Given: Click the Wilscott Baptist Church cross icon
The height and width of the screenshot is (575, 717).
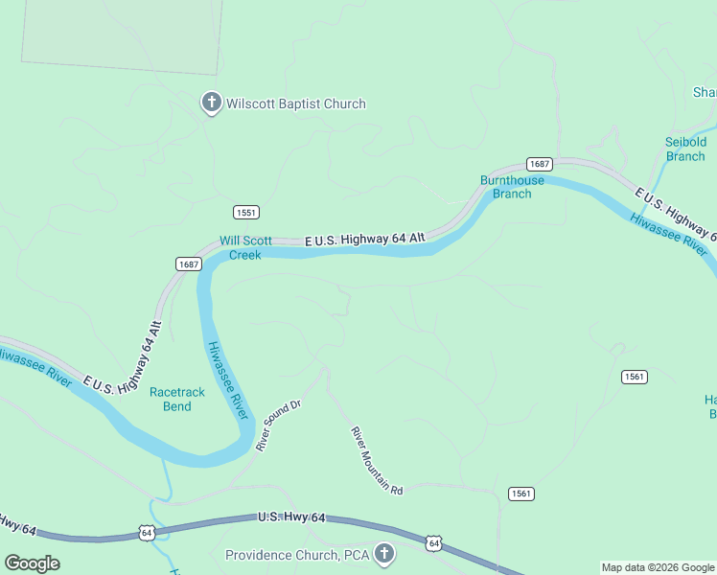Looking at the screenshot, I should [x=211, y=103].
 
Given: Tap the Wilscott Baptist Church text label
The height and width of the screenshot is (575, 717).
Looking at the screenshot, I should [x=296, y=103].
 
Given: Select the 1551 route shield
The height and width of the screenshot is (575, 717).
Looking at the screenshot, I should [x=246, y=212].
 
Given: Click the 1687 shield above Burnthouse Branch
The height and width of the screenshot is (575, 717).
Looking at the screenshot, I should [x=539, y=165].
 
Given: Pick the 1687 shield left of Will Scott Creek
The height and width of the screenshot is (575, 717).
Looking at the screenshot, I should [x=189, y=264].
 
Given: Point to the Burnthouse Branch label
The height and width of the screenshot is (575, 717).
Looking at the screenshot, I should [x=512, y=187].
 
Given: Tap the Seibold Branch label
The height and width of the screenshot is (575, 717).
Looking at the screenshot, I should [x=685, y=149].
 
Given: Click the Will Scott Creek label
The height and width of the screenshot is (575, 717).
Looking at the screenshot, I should [x=245, y=248].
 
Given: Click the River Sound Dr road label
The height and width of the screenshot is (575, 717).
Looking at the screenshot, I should [x=279, y=425].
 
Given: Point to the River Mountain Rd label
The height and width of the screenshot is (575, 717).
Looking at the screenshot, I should [x=377, y=461].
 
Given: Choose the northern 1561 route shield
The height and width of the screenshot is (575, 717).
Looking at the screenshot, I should [x=633, y=377].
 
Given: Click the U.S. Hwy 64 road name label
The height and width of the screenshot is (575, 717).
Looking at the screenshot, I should [x=291, y=517].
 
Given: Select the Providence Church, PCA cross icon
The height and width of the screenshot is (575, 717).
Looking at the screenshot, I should [x=384, y=554].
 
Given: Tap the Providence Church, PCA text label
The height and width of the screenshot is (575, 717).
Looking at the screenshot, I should [x=297, y=555].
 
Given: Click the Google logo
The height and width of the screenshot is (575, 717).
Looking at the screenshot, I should [x=32, y=563].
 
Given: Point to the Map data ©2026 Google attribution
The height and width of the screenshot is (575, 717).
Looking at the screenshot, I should [x=659, y=567].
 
